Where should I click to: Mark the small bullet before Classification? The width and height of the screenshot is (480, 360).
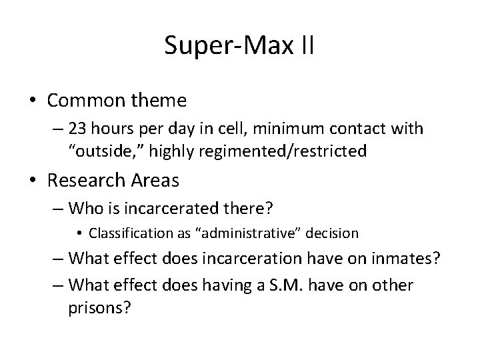tap(79, 234)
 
